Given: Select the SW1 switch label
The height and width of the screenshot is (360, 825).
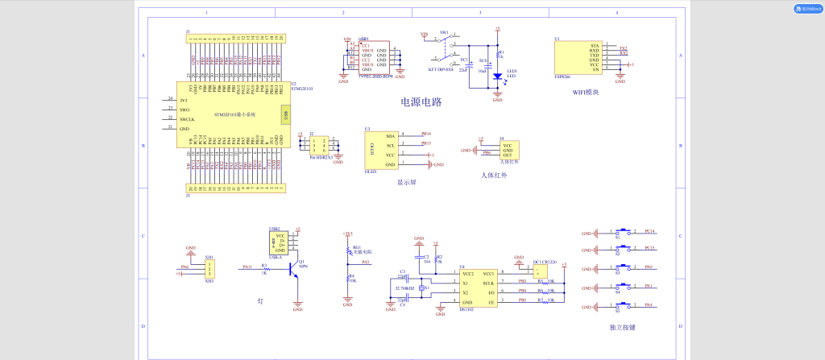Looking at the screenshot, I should [x=444, y=33].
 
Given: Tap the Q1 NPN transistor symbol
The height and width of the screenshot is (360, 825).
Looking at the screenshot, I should [x=295, y=273].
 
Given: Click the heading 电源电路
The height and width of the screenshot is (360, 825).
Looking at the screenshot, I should [x=421, y=102].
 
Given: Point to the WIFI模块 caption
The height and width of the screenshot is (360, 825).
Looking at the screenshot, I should [x=585, y=93].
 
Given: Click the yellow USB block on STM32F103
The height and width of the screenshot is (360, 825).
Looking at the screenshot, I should [x=284, y=115].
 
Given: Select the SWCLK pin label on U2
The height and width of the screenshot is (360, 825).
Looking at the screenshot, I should [x=186, y=118].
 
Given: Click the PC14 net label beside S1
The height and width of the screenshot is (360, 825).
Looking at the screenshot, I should [x=649, y=230].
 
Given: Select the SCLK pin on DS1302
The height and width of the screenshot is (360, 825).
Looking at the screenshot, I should [x=487, y=283].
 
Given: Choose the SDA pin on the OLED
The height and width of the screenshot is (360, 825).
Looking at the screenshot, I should [x=391, y=135].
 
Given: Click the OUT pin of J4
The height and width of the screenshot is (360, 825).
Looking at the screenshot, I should [x=508, y=155].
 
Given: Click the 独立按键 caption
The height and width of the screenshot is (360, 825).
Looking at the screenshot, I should [x=623, y=328].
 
